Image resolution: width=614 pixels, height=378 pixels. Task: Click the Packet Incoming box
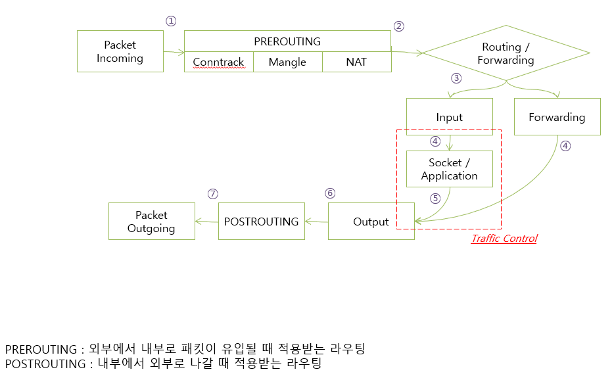(120, 51)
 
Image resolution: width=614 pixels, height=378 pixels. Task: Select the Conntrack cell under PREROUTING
(218, 62)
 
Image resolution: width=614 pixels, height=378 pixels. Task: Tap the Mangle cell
(287, 62)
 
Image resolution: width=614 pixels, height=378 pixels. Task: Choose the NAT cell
(356, 62)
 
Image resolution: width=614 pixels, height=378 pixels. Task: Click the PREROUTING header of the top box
(287, 41)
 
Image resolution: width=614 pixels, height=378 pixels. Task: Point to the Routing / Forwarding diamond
(506, 54)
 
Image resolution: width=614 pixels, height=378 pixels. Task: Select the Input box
(449, 117)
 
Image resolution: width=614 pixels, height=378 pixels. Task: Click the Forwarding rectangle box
(557, 117)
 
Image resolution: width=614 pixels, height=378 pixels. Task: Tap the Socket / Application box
(449, 169)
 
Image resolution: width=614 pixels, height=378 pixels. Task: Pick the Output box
(371, 222)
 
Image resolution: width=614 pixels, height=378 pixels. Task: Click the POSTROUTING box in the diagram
(261, 222)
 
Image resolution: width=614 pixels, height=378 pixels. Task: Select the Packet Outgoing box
(151, 222)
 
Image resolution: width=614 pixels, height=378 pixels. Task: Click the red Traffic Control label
(504, 239)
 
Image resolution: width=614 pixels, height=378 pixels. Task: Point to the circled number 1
(171, 21)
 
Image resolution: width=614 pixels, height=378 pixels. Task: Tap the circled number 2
(398, 26)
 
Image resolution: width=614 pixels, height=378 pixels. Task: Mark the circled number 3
(456, 78)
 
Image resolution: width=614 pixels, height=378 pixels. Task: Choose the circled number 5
(435, 197)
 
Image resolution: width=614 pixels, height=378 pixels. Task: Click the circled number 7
(212, 194)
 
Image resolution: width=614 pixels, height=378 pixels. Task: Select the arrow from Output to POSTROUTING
(316, 222)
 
